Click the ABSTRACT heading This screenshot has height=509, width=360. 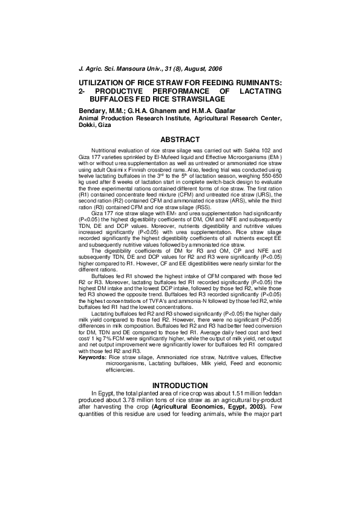point(180,140)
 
